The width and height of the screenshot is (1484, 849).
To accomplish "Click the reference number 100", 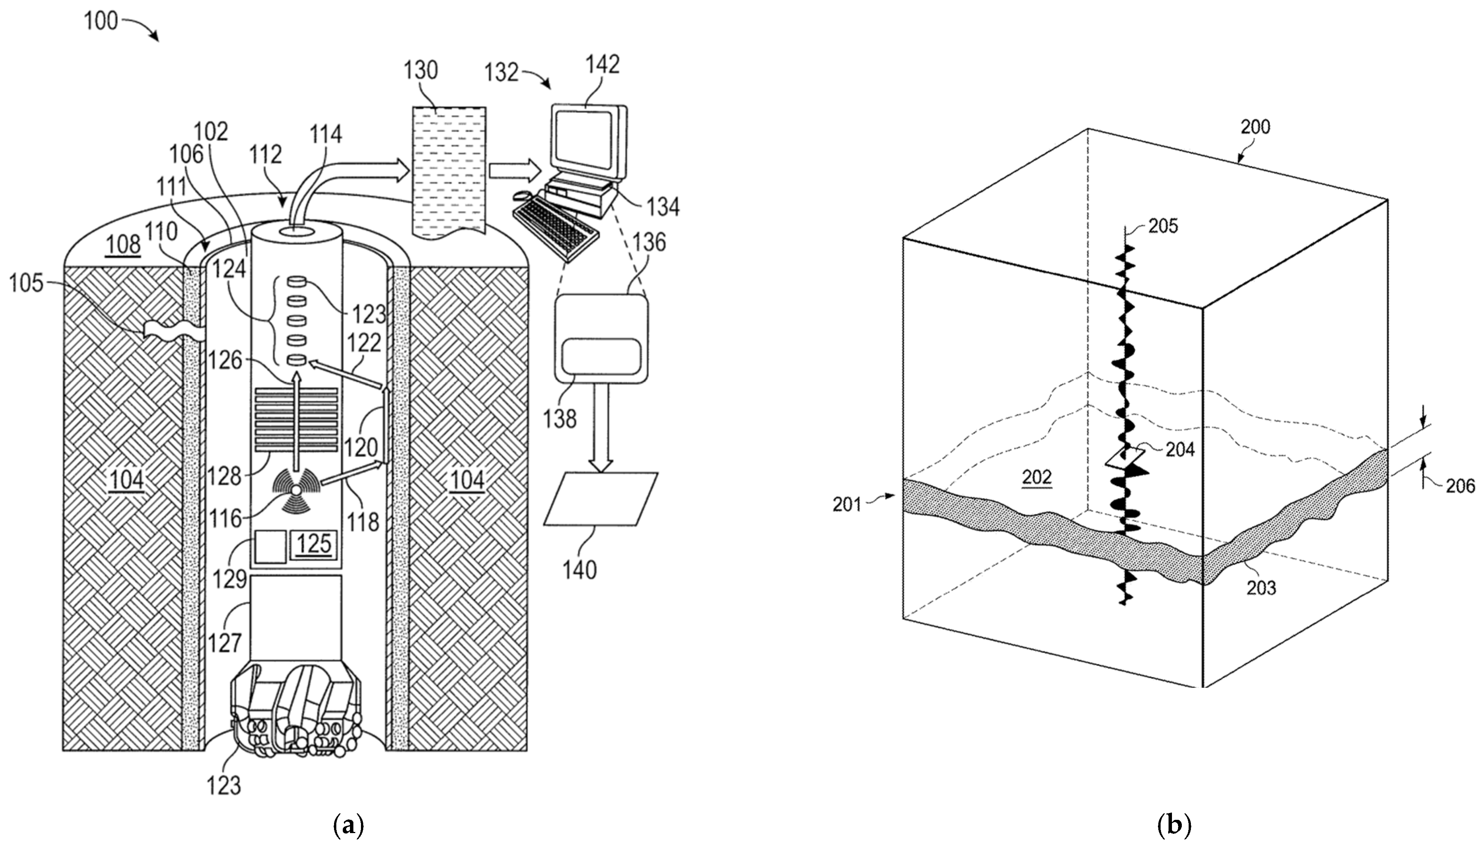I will coord(100,22).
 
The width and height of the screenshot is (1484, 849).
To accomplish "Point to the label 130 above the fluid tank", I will coord(420,70).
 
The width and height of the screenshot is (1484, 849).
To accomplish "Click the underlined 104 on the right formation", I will coord(468,481).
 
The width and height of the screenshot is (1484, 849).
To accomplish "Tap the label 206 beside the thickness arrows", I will coord(1460,486).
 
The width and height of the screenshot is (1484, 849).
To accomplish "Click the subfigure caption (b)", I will coord(1173,826).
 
